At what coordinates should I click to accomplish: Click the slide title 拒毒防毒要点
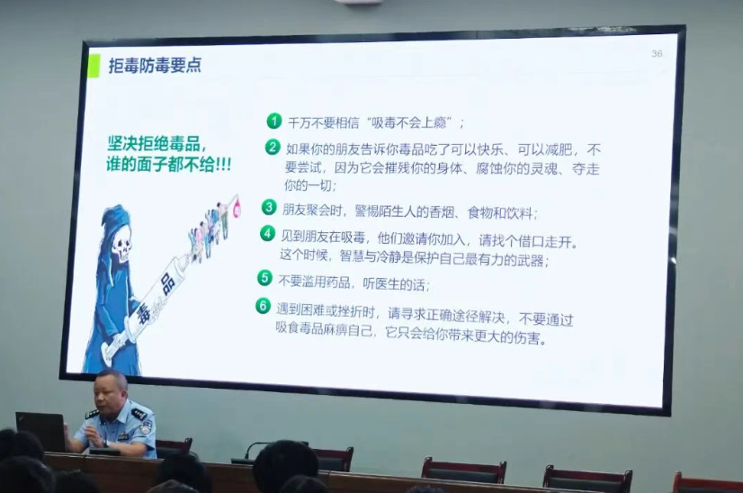click(155, 66)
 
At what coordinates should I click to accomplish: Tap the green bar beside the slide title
click(94, 66)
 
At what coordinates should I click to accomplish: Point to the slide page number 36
click(657, 54)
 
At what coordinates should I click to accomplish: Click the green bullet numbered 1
click(273, 121)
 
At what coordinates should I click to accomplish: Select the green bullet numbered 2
click(273, 147)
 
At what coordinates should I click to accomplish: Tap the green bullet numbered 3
click(269, 207)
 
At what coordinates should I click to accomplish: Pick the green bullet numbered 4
click(268, 233)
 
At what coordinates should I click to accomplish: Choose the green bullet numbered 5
click(264, 278)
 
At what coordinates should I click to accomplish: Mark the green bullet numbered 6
click(263, 306)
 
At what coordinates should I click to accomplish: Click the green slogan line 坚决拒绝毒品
click(157, 143)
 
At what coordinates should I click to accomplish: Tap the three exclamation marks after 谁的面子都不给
click(223, 165)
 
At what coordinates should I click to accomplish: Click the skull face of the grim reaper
click(122, 243)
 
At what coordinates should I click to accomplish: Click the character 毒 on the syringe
click(143, 313)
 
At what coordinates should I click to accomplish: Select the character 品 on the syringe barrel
click(166, 284)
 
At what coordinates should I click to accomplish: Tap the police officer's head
click(111, 391)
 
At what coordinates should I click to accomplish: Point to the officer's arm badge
click(146, 428)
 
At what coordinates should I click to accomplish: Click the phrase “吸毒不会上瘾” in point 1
click(411, 123)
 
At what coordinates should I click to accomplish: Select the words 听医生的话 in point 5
click(396, 283)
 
